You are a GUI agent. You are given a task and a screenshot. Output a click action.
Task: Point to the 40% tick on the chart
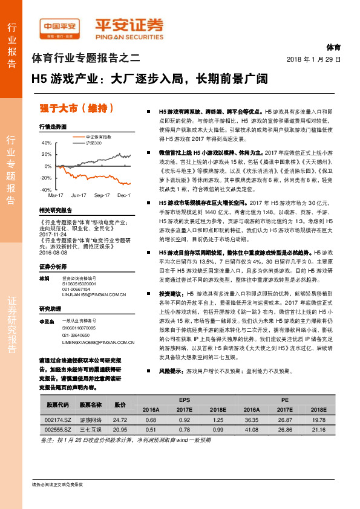pos(47,143)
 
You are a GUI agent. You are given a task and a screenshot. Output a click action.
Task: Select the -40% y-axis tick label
pos(46,190)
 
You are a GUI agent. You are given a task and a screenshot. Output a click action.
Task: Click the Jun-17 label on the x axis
pos(79,196)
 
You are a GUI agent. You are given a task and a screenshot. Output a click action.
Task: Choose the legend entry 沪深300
pos(93,143)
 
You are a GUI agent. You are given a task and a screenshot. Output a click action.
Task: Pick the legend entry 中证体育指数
pos(97,138)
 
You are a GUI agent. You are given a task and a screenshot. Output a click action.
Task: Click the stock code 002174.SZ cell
pos(58,419)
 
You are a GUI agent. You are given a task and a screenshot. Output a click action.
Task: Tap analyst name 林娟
pos(44,278)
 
